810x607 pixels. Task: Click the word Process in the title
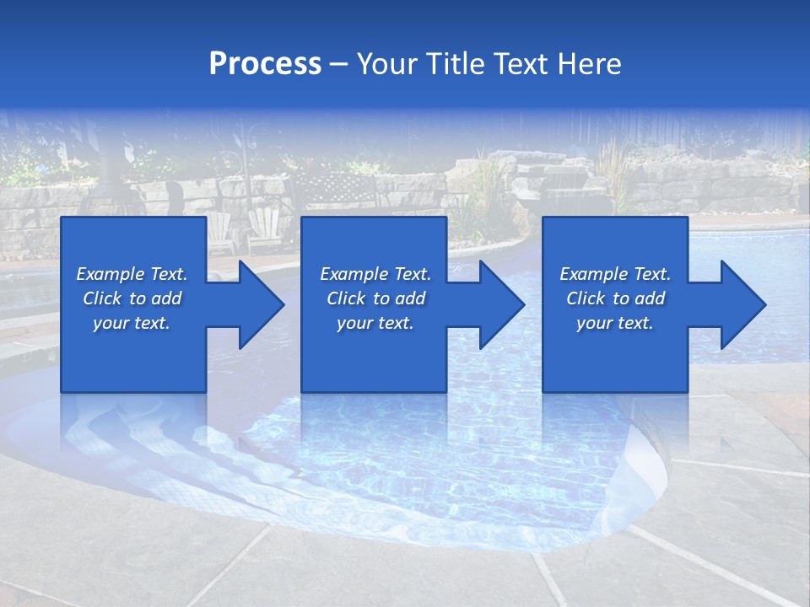pyautogui.click(x=265, y=64)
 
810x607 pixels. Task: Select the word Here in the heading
pyautogui.click(x=587, y=64)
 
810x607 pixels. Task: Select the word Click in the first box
pyautogui.click(x=102, y=298)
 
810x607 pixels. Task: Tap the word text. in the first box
pyautogui.click(x=151, y=323)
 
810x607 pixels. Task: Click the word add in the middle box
pyautogui.click(x=409, y=298)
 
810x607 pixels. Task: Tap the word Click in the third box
pyautogui.click(x=586, y=298)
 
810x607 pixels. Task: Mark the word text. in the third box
pyautogui.click(x=634, y=323)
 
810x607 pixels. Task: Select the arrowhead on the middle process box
pyautogui.click(x=499, y=304)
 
